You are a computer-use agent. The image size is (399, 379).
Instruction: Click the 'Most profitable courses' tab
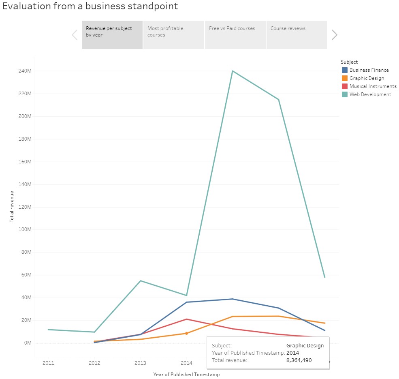[x=173, y=35]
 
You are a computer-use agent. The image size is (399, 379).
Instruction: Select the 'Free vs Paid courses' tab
[x=235, y=35]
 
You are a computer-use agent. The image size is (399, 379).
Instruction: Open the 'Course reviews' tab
[x=297, y=35]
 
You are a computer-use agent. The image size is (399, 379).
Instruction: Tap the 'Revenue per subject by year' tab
[x=112, y=35]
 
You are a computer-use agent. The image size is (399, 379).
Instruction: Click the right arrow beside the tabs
[x=334, y=35]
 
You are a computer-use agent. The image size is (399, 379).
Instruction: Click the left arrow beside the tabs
[x=75, y=35]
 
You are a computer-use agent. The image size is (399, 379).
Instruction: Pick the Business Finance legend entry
[x=369, y=70]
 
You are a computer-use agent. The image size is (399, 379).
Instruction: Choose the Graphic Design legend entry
[x=367, y=78]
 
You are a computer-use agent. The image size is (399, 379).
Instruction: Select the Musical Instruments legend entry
[x=373, y=86]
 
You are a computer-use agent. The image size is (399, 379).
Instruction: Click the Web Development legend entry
[x=370, y=94]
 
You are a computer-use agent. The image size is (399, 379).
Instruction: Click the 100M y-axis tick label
[x=24, y=229]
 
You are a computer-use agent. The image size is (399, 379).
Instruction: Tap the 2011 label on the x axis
[x=48, y=362]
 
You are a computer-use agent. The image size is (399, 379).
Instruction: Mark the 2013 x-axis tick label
[x=140, y=362]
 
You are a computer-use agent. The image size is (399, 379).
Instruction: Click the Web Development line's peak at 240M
[x=233, y=71]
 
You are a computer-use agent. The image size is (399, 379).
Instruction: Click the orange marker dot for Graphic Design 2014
[x=186, y=333]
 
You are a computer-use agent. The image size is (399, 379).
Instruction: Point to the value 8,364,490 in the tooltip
[x=299, y=360]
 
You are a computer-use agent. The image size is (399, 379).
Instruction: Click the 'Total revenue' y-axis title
[x=12, y=207]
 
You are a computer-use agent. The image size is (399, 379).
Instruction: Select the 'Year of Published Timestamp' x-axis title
[x=186, y=375]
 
